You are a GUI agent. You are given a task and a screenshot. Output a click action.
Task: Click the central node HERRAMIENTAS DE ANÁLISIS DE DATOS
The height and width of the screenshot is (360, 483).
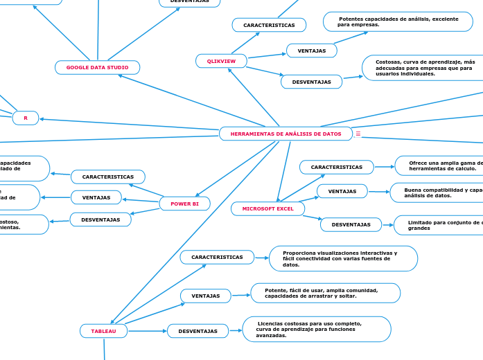pyautogui.click(x=286, y=134)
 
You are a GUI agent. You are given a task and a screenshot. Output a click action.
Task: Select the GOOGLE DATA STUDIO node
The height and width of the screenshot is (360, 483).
pyautogui.click(x=97, y=67)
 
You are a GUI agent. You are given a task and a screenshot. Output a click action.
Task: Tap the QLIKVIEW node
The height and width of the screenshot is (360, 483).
pyautogui.click(x=221, y=61)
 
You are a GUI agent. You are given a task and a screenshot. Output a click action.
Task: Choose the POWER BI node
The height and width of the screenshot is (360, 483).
pyautogui.click(x=184, y=204)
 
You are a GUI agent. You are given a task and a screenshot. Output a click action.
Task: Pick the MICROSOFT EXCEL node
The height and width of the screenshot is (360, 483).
pyautogui.click(x=267, y=208)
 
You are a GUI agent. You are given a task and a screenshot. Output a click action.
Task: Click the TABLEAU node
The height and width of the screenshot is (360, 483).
pyautogui.click(x=104, y=331)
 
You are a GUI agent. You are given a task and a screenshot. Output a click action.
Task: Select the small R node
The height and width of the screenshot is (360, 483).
pyautogui.click(x=26, y=118)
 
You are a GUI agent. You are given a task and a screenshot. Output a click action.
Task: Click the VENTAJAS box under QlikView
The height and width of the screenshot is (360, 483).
pyautogui.click(x=311, y=51)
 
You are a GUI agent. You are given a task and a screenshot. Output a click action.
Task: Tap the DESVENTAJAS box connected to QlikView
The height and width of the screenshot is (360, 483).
pyautogui.click(x=311, y=82)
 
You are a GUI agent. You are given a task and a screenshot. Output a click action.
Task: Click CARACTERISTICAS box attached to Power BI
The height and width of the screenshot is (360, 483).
pyautogui.click(x=108, y=177)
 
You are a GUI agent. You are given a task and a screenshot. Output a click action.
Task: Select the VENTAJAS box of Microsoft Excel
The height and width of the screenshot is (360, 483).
pyautogui.click(x=342, y=191)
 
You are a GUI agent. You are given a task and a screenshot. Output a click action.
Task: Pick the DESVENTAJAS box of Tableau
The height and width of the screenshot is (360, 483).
pyautogui.click(x=197, y=331)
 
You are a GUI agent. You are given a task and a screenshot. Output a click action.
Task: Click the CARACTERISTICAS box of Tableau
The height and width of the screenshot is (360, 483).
pyautogui.click(x=217, y=257)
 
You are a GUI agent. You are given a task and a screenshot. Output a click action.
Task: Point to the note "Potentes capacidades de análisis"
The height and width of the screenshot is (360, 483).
pyautogui.click(x=397, y=21)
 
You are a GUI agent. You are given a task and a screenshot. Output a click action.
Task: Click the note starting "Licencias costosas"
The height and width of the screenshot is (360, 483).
pyautogui.click(x=317, y=329)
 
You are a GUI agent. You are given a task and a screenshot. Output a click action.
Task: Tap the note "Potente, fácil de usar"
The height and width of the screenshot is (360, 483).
pyautogui.click(x=325, y=293)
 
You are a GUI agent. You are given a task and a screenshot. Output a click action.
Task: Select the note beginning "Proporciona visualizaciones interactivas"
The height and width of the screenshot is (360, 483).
pyautogui.click(x=343, y=258)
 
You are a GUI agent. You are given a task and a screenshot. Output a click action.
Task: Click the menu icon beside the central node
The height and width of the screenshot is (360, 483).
pyautogui.click(x=358, y=134)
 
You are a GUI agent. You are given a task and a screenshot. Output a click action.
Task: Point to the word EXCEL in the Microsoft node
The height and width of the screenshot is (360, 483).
pyautogui.click(x=285, y=208)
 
